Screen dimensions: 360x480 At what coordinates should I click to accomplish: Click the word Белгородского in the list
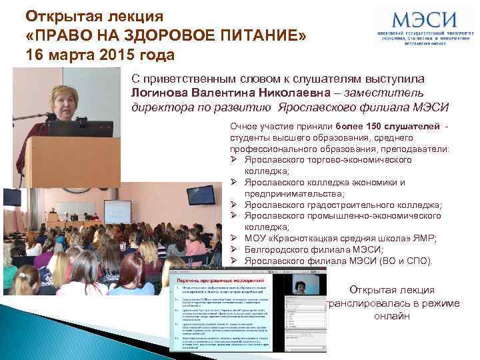click(275, 249)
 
